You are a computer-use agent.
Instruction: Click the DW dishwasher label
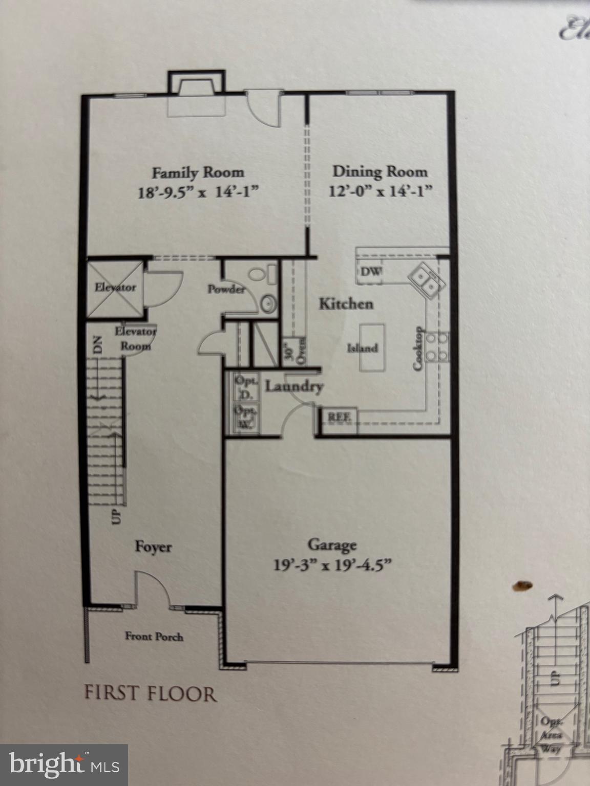tap(371, 272)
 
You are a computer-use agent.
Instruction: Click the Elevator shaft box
tap(114, 286)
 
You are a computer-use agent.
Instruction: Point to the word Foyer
tap(153, 547)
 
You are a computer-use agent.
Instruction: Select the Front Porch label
tap(154, 637)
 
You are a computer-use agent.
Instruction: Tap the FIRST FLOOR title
tap(151, 694)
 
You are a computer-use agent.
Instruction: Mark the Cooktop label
tap(418, 348)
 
